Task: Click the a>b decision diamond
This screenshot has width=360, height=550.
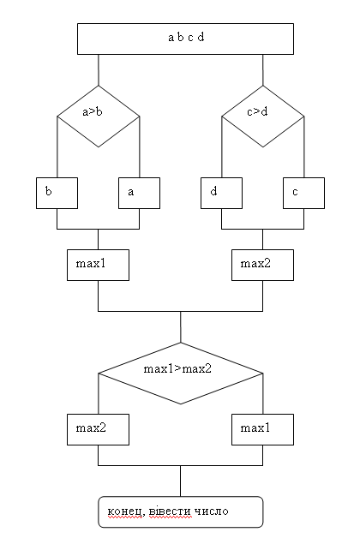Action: pyautogui.click(x=99, y=117)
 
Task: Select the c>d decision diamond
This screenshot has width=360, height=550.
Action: pyautogui.click(x=263, y=117)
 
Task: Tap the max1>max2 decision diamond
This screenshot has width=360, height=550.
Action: pyautogui.click(x=181, y=374)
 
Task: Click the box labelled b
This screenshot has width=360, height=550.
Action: pyautogui.click(x=57, y=193)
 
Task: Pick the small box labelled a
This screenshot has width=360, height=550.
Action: pyautogui.click(x=140, y=193)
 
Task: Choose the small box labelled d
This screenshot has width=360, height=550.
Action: pyautogui.click(x=221, y=193)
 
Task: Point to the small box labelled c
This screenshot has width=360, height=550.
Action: pyautogui.click(x=304, y=193)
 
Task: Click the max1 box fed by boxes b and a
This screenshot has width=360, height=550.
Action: pyautogui.click(x=99, y=266)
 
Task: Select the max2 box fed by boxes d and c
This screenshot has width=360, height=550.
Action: pyautogui.click(x=263, y=266)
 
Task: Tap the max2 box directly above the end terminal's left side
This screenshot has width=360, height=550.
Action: pyautogui.click(x=99, y=430)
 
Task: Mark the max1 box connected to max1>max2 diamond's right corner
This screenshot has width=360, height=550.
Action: pyautogui.click(x=263, y=430)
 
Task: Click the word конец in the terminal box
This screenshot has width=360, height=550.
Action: pyautogui.click(x=125, y=511)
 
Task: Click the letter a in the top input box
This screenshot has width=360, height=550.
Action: pyautogui.click(x=171, y=37)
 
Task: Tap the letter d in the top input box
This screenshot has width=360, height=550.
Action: pyautogui.click(x=201, y=37)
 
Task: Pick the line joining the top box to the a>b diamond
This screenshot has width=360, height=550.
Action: pyautogui.click(x=99, y=69)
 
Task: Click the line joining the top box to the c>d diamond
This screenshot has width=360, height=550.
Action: pyautogui.click(x=263, y=69)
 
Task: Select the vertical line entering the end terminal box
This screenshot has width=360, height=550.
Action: pyautogui.click(x=181, y=481)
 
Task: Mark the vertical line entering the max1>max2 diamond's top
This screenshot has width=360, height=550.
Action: pyautogui.click(x=181, y=327)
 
